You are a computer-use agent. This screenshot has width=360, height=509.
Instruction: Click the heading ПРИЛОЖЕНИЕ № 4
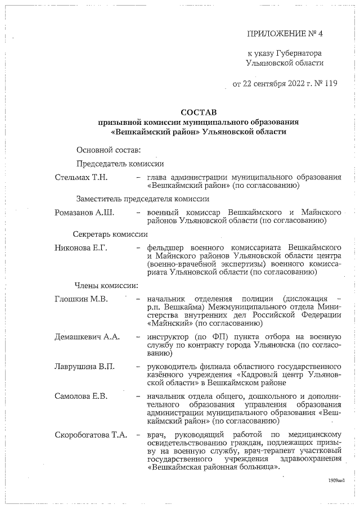point(285,34)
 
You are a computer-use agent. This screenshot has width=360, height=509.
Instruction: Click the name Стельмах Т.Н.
point(81,177)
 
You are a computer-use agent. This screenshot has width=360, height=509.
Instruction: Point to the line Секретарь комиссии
point(110,234)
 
